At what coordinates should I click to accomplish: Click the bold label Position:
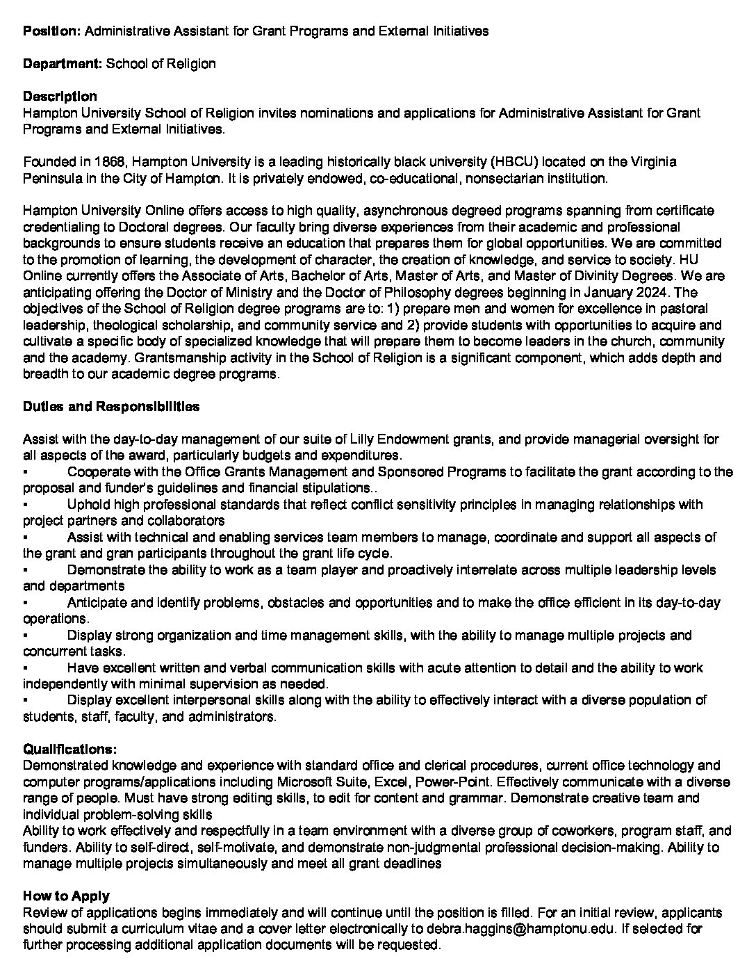(x=52, y=31)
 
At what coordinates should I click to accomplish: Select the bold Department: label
(x=63, y=64)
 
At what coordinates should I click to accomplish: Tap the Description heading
(x=60, y=97)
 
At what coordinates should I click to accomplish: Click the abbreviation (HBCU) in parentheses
(x=514, y=162)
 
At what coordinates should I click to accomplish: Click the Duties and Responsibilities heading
(x=111, y=407)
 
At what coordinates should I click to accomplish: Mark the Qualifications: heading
(x=69, y=750)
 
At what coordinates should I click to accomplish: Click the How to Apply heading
(x=66, y=896)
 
